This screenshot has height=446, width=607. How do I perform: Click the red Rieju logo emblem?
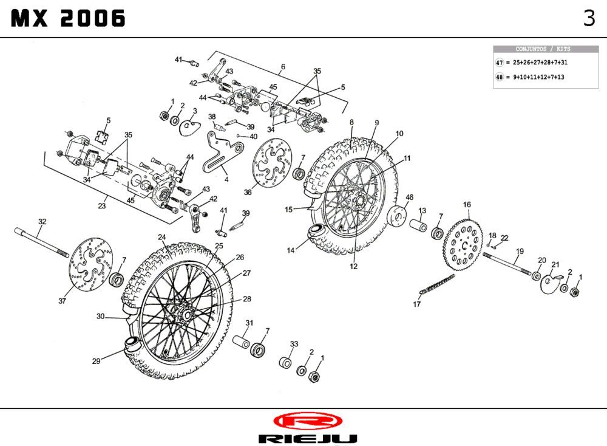[307, 420]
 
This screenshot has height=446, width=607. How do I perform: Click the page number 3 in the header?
[589, 18]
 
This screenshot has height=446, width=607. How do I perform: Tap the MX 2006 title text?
[68, 19]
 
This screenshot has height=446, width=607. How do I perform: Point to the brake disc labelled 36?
[267, 163]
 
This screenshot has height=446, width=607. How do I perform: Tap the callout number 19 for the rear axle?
[520, 251]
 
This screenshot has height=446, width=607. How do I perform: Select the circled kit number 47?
[500, 63]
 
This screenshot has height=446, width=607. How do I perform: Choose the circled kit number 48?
[500, 77]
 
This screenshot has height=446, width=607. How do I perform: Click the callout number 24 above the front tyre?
[162, 237]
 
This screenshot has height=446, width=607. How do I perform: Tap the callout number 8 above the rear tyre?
[351, 122]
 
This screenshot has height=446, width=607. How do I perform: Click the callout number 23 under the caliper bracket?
[102, 206]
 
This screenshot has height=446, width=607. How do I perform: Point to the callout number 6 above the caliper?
[283, 66]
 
